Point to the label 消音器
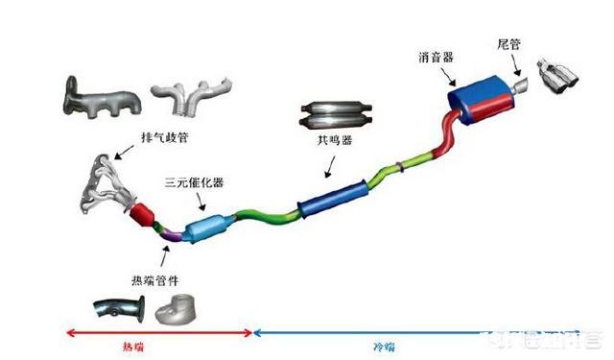pyautogui.click(x=437, y=46)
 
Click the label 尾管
pyautogui.click(x=509, y=44)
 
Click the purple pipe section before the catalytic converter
pyautogui.click(x=168, y=230)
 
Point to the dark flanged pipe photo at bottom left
pyautogui.click(x=121, y=310)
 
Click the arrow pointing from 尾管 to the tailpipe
pyautogui.click(x=519, y=65)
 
